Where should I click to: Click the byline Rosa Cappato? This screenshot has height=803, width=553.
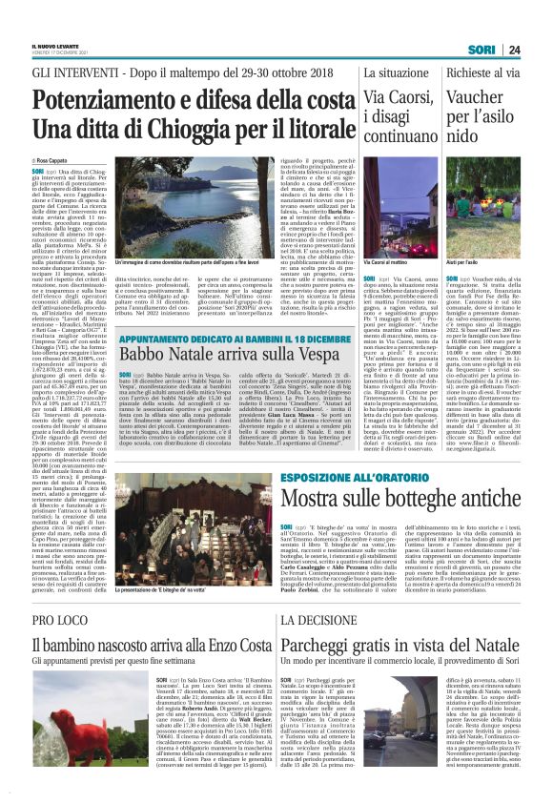coord(58,162)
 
